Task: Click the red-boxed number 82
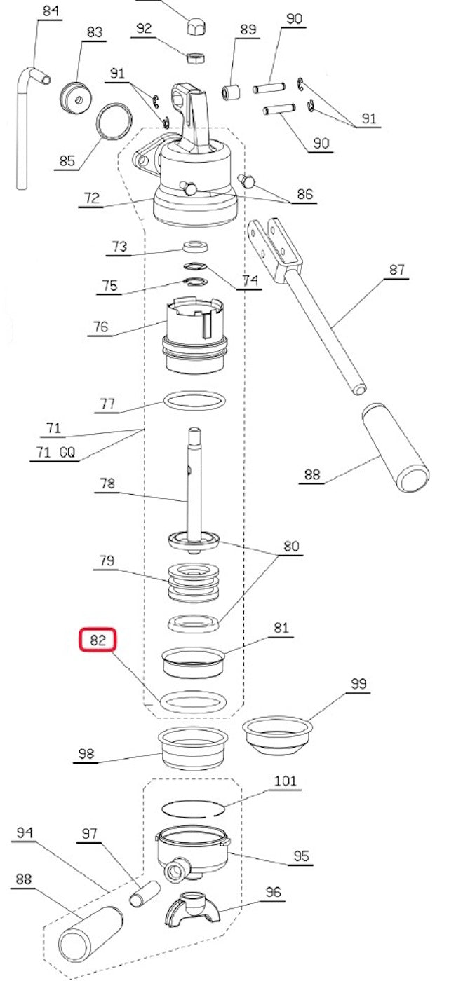click(98, 640)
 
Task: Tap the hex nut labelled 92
click(196, 56)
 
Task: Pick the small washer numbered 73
click(195, 246)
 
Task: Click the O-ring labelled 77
click(194, 402)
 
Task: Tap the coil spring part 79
click(193, 581)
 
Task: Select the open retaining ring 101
click(193, 808)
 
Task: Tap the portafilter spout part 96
click(192, 908)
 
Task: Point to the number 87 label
click(397, 270)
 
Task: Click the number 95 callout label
click(301, 856)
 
